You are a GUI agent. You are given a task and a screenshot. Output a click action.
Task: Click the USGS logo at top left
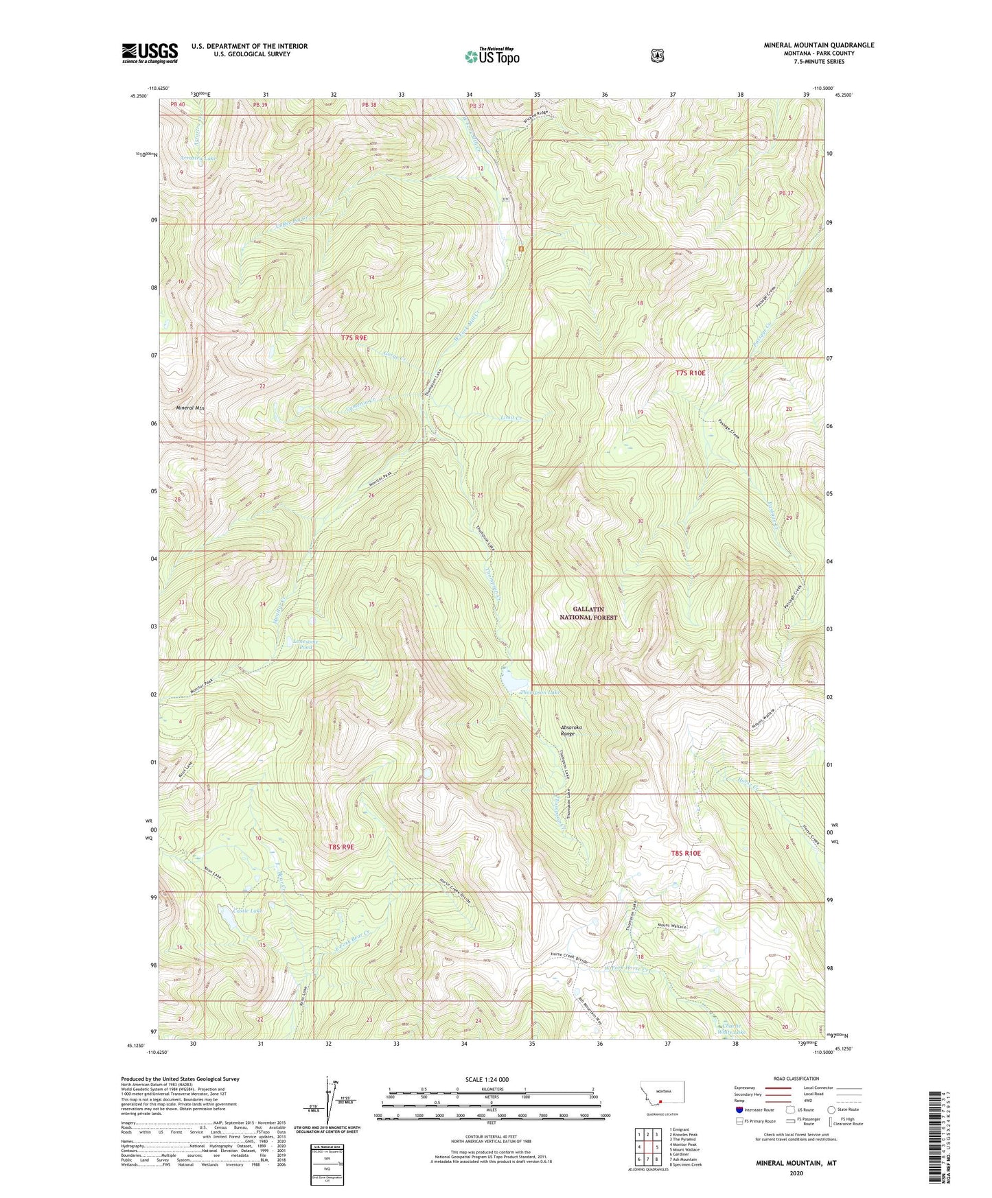150,53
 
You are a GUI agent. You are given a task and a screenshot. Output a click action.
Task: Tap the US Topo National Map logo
491,56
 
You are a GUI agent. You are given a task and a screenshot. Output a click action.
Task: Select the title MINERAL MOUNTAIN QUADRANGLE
818,45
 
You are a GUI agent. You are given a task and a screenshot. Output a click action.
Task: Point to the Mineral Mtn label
190,408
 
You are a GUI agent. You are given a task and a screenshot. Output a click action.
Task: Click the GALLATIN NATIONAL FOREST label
595,613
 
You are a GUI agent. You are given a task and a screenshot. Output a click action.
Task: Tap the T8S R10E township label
686,853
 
